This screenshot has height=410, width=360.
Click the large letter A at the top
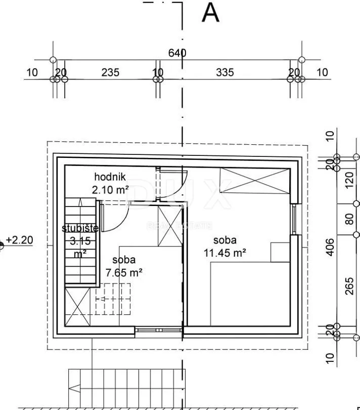point(210,13)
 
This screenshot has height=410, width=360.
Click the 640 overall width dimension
point(177,53)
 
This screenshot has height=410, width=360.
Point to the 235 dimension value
point(110,72)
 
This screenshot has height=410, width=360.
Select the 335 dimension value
point(225,72)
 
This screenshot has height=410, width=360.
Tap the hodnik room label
point(110,177)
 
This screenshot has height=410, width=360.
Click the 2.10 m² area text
point(110,190)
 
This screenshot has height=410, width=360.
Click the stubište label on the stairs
point(80,228)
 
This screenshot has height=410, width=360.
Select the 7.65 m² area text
point(124,273)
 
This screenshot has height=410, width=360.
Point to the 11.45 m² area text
point(224,253)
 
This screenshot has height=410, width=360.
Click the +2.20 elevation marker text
point(19,240)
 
